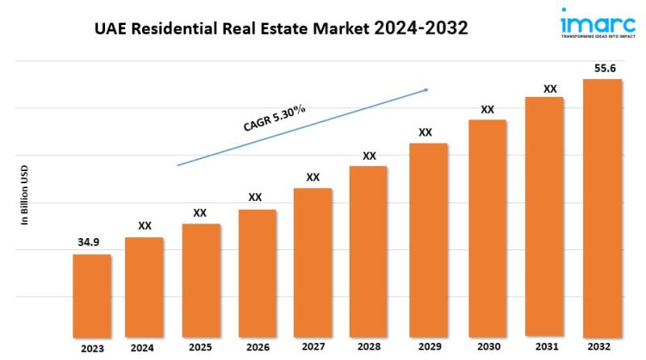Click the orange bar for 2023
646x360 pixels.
[92, 294]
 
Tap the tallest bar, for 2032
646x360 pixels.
[602, 207]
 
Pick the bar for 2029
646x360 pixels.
[428, 239]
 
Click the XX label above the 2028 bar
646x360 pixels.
[369, 155]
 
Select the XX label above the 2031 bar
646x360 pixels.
[550, 88]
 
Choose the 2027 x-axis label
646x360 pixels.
[313, 348]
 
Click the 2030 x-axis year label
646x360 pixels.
[487, 348]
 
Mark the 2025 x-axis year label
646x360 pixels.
[200, 348]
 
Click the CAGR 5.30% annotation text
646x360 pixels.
[275, 119]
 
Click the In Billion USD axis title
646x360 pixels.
[25, 196]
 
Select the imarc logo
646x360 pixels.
[592, 20]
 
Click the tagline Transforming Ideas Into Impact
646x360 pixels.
[591, 36]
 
